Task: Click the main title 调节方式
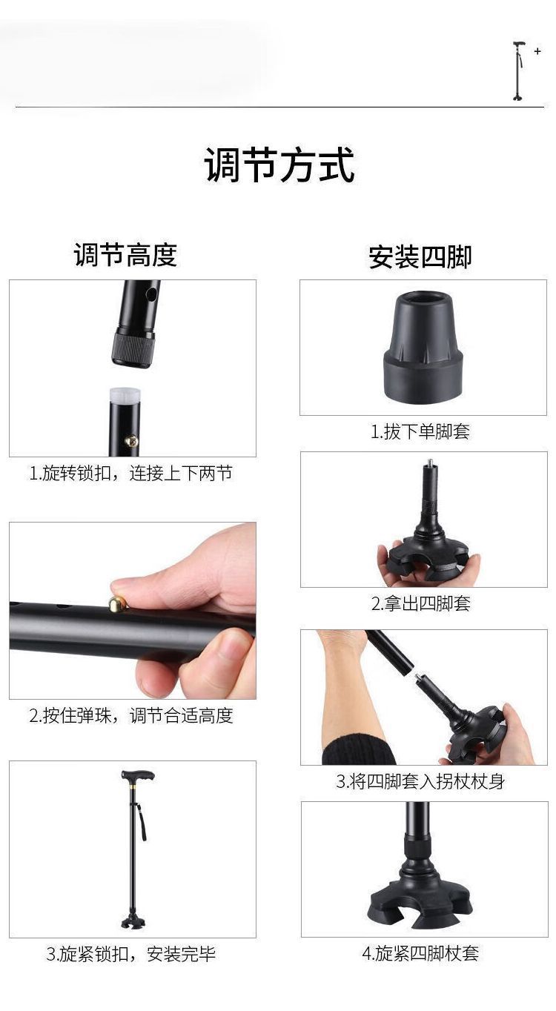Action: (x=279, y=165)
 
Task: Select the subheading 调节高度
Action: (x=125, y=254)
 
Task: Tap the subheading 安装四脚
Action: (x=420, y=256)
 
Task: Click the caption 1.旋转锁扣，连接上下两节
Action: (x=131, y=474)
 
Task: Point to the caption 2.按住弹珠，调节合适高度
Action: (x=131, y=715)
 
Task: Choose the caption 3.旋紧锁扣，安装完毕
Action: (x=131, y=954)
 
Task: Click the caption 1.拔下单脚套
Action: (x=420, y=431)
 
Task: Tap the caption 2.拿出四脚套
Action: (x=420, y=603)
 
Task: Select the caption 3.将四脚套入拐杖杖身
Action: (x=420, y=781)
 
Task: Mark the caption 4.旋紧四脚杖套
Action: (x=420, y=952)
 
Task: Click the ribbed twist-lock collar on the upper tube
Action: (x=133, y=349)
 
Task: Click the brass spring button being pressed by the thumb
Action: (x=116, y=603)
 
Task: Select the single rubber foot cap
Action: (x=423, y=347)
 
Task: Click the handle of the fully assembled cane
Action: (x=138, y=776)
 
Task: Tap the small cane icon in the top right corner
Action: (x=519, y=71)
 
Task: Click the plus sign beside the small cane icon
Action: (x=537, y=51)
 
